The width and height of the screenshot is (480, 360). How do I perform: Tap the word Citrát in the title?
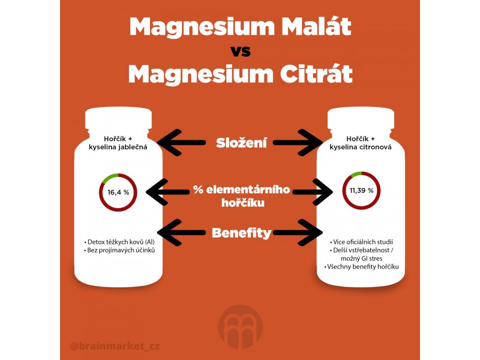coord(310,75)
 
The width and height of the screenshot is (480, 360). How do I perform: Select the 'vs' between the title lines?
coord(240,51)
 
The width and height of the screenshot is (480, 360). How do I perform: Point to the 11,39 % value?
coord(361,191)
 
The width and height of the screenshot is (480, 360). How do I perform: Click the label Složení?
coord(241,143)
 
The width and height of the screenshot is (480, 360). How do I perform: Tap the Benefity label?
coord(241,232)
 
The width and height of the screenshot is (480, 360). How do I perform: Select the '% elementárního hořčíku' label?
coord(241,196)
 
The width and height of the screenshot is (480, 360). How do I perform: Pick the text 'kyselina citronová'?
coord(361,147)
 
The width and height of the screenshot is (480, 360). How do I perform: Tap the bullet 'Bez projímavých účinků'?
coord(119,251)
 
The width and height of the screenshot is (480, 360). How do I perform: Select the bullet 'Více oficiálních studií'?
coord(361,242)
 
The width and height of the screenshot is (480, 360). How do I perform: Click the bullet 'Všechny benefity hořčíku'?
coord(361,267)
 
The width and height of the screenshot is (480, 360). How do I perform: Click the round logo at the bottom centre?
coord(240,326)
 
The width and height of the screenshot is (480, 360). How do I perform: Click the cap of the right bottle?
coord(361,120)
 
